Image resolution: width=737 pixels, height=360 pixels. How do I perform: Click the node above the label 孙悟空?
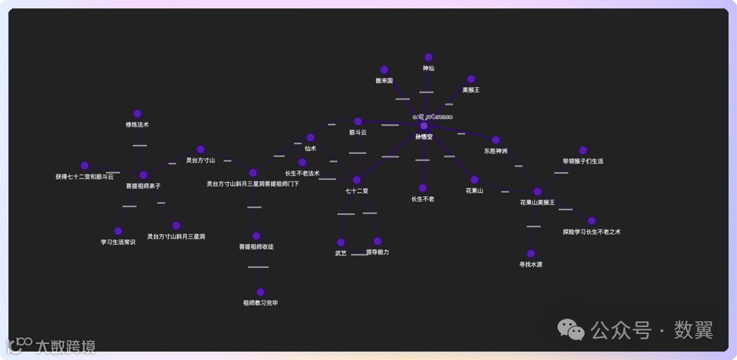(423, 126)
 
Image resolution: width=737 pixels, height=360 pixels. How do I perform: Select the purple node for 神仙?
(428, 58)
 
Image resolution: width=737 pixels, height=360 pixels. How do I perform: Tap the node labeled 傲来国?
(384, 70)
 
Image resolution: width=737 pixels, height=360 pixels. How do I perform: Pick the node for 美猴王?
(471, 79)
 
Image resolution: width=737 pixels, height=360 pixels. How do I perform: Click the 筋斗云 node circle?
(358, 122)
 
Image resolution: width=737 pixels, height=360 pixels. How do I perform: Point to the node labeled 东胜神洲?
(496, 141)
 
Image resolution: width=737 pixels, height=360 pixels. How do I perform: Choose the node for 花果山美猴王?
(537, 192)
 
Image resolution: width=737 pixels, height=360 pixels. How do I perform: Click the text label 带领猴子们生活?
(582, 161)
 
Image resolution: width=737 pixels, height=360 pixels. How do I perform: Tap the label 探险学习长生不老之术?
(591, 231)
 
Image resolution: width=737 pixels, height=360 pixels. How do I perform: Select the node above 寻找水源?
(531, 254)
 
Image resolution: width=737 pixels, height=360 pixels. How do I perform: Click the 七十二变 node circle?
(357, 181)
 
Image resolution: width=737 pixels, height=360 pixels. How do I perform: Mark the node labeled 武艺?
(341, 243)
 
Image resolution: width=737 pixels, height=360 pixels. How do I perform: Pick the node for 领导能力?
(378, 241)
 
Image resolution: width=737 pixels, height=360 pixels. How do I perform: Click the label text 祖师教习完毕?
(260, 303)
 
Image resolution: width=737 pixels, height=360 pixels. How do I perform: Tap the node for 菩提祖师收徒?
(256, 236)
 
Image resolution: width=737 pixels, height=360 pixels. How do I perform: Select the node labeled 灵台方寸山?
(200, 150)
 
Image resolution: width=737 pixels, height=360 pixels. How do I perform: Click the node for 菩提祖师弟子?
(143, 175)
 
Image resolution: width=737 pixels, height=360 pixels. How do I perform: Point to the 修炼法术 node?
(137, 114)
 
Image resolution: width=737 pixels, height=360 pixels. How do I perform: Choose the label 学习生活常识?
(118, 242)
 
